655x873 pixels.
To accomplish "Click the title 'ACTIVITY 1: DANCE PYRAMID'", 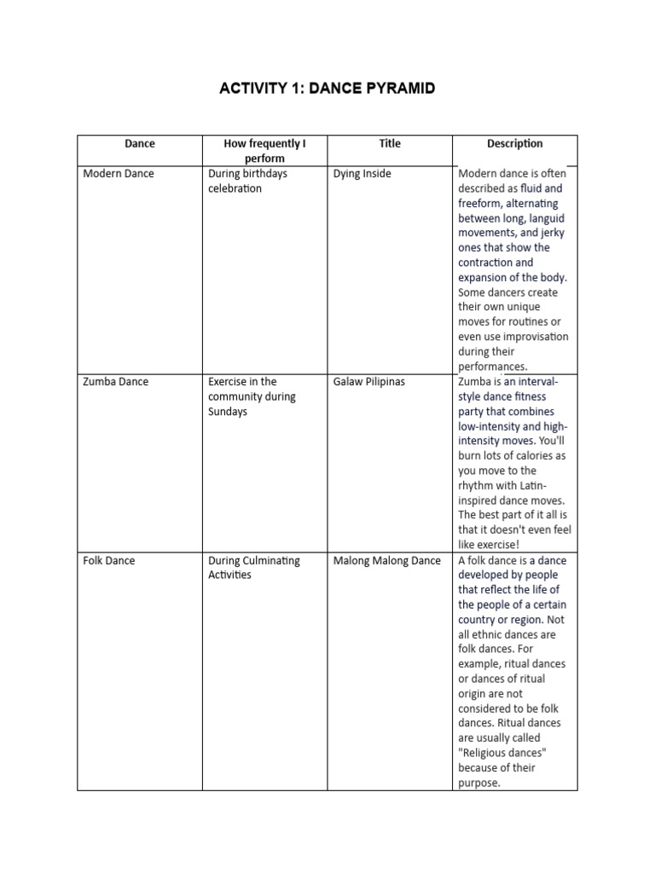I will [327, 89].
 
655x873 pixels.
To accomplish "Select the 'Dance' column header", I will [140, 144].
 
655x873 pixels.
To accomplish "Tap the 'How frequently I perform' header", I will [264, 151].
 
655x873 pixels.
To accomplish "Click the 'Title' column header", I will [390, 144].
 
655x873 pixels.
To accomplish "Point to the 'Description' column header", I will [514, 144].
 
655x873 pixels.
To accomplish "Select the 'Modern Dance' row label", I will [119, 174].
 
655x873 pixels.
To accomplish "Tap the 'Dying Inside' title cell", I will [362, 174].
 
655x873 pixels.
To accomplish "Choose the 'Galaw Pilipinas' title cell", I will [369, 382].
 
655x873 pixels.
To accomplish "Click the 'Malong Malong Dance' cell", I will [387, 561].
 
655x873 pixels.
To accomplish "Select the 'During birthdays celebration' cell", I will [248, 181].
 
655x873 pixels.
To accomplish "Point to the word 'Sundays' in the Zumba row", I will [229, 412].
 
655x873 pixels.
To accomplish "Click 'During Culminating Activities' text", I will [254, 568].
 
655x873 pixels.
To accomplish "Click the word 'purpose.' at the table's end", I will [479, 783].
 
